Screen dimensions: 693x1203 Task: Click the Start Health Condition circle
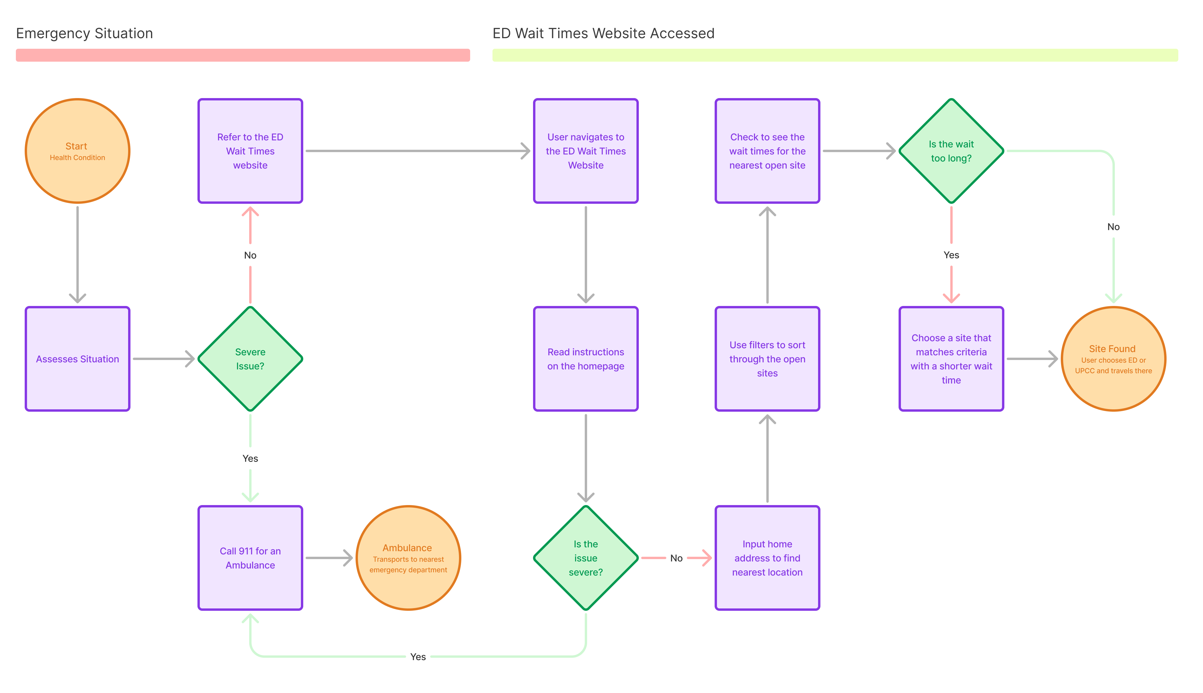click(77, 151)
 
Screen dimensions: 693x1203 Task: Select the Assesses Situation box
click(77, 359)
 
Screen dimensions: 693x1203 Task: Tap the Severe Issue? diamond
click(250, 359)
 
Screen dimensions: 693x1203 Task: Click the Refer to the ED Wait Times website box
click(250, 151)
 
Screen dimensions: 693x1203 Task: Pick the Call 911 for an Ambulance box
click(250, 558)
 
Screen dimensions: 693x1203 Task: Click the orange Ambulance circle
click(408, 558)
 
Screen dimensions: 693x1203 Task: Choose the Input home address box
click(767, 558)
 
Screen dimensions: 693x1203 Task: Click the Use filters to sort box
click(767, 359)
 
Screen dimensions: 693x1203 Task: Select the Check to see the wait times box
click(767, 151)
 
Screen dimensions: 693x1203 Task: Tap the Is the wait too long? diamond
click(951, 151)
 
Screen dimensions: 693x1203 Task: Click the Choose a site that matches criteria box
click(951, 359)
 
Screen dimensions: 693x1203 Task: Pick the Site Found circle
click(1113, 359)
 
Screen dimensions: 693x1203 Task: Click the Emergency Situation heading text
click(84, 33)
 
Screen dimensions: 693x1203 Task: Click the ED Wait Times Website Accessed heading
click(603, 33)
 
